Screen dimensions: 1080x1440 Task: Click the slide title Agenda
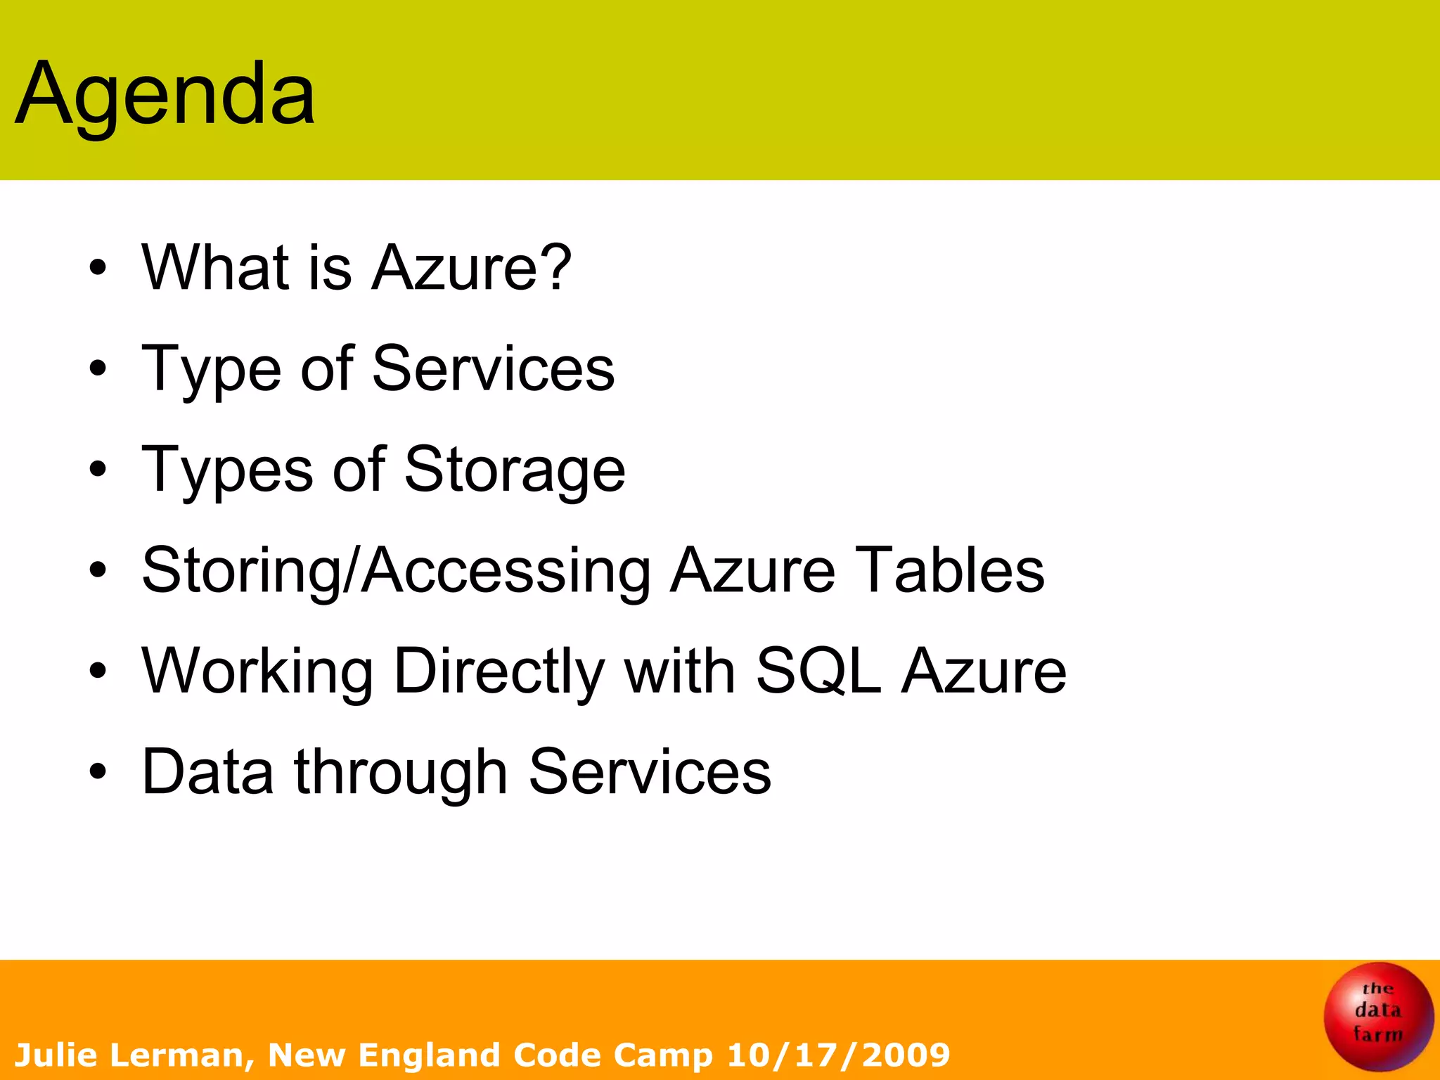[x=165, y=95]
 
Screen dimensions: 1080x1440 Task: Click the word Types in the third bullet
[x=227, y=471]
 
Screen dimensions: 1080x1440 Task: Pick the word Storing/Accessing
[x=396, y=571]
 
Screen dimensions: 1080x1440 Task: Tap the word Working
[x=257, y=671]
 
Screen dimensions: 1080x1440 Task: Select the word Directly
[x=499, y=671]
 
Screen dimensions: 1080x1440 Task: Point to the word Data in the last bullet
[x=208, y=772]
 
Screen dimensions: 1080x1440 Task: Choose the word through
[x=401, y=773]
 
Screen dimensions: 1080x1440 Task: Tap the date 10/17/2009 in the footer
[x=838, y=1055]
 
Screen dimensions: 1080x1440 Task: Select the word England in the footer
[x=429, y=1055]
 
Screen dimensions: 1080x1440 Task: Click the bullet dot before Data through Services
[x=98, y=772]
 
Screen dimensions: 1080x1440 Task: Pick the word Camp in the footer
[x=662, y=1055]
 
